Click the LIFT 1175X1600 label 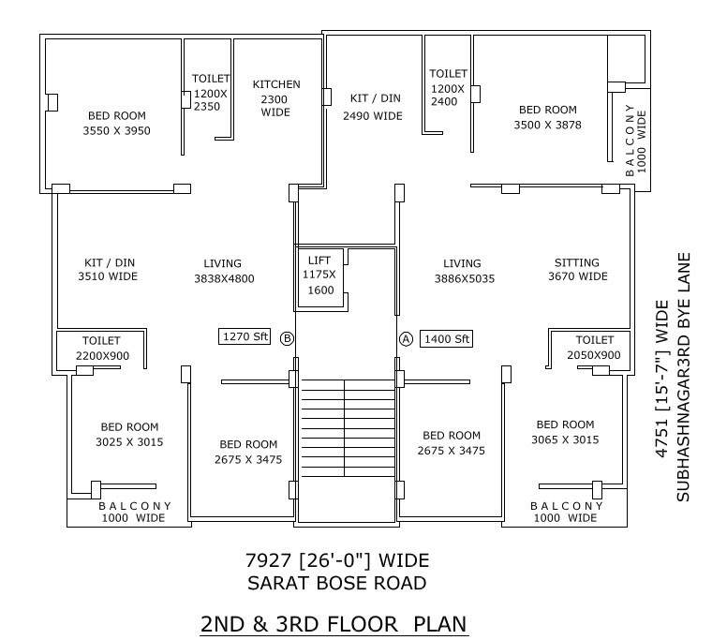pyautogui.click(x=319, y=275)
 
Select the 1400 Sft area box pyautogui.click(x=448, y=338)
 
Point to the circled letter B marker pyautogui.click(x=288, y=338)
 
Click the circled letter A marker pyautogui.click(x=406, y=338)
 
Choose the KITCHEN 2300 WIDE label pyautogui.click(x=276, y=98)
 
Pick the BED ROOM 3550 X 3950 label pyautogui.click(x=116, y=123)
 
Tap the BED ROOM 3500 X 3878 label pyautogui.click(x=548, y=117)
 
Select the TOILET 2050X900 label pyautogui.click(x=594, y=348)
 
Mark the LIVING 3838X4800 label pyautogui.click(x=223, y=271)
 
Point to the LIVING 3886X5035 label pyautogui.click(x=463, y=271)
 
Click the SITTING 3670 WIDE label pyautogui.click(x=576, y=270)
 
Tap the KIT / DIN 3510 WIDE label pyautogui.click(x=107, y=270)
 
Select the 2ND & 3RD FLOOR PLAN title pyautogui.click(x=334, y=623)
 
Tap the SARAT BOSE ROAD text pyautogui.click(x=336, y=583)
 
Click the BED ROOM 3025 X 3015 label pyautogui.click(x=129, y=434)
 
